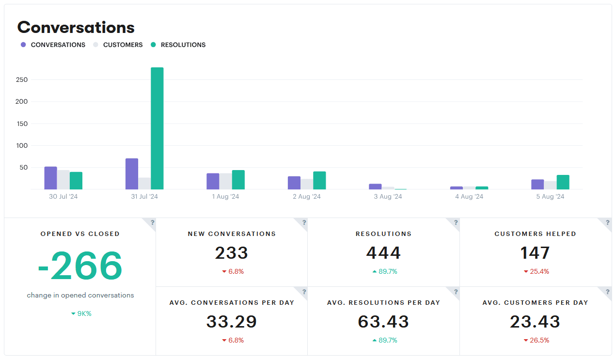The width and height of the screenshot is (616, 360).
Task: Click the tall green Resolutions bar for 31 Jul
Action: (x=157, y=128)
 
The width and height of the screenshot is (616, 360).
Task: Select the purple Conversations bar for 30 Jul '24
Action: (x=50, y=178)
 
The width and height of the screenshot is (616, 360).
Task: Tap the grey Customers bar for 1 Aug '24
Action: (x=225, y=181)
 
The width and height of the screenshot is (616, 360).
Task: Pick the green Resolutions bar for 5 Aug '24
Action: (x=563, y=182)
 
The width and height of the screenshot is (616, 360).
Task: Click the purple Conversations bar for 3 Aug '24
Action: (x=375, y=187)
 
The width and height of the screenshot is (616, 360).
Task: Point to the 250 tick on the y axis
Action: (x=22, y=79)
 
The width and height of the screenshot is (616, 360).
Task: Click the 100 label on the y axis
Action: (x=22, y=145)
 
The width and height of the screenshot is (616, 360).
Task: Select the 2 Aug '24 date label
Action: (x=307, y=197)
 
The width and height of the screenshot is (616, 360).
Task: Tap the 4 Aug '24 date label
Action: (x=469, y=197)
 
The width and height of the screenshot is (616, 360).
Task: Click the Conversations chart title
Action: (x=76, y=27)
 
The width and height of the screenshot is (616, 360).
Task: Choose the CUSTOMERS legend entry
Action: (x=123, y=45)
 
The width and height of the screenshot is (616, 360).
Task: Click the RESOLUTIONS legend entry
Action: (x=183, y=45)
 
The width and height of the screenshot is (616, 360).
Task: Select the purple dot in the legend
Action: (x=23, y=45)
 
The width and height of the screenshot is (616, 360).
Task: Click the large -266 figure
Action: (x=80, y=266)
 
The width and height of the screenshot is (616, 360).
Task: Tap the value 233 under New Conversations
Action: (x=231, y=253)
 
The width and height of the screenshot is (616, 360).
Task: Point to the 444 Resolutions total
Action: (x=383, y=253)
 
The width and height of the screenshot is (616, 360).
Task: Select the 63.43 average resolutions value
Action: (x=383, y=322)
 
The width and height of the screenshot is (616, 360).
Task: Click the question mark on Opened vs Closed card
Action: (x=152, y=222)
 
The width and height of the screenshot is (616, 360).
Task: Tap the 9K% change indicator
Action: (x=81, y=313)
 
